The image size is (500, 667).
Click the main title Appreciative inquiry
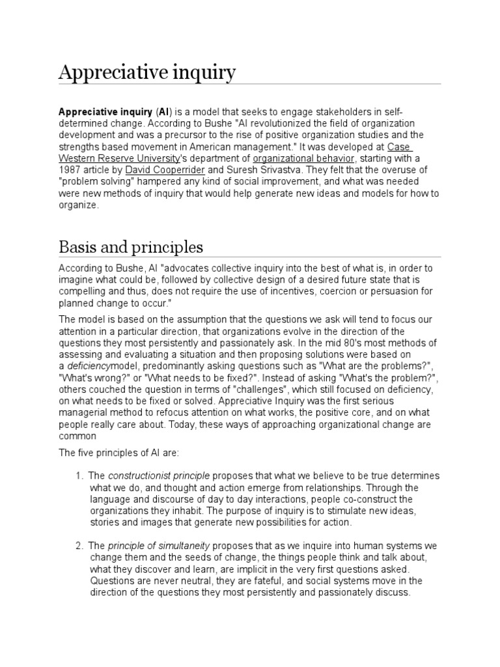(x=146, y=73)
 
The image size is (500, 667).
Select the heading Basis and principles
(x=130, y=248)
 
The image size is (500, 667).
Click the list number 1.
(x=79, y=475)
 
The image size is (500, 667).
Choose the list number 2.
(x=79, y=545)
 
